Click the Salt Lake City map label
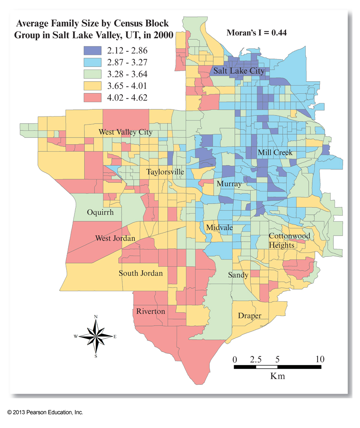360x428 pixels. point(239,71)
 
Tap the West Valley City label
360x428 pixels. point(126,132)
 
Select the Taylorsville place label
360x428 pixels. point(165,172)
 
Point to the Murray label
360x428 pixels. point(229,184)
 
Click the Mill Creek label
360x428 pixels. point(275,153)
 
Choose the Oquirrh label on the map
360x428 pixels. point(100,212)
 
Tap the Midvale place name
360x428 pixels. point(219,227)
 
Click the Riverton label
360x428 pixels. point(150,311)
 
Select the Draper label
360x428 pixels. point(250,316)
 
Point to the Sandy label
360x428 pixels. point(238,275)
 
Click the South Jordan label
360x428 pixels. point(141,273)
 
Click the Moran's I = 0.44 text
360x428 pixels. point(256,33)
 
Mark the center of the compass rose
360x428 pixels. point(96,336)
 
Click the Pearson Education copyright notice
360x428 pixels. point(45,413)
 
